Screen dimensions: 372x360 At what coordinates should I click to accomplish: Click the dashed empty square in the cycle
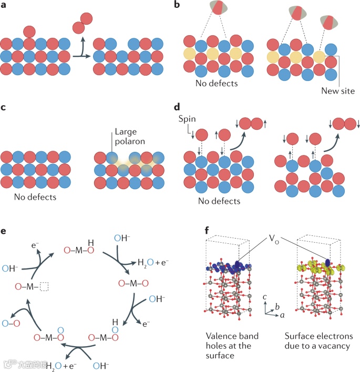[44, 286]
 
